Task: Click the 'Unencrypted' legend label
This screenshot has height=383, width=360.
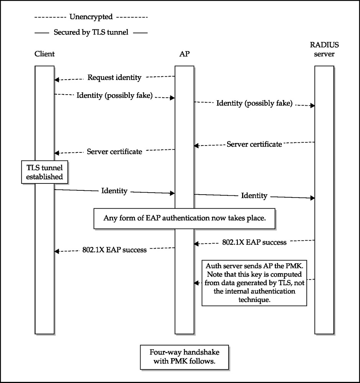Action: point(91,16)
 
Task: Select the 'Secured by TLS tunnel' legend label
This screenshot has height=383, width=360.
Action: point(91,32)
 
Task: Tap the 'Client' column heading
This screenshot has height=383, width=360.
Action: point(44,54)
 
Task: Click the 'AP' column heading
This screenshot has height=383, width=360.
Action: point(184,54)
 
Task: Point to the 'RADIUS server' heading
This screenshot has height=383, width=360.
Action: point(324,49)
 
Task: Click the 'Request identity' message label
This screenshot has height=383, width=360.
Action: point(114,77)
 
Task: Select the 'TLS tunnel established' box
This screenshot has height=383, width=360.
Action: point(44,172)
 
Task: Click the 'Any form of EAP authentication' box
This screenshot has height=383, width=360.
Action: point(184,218)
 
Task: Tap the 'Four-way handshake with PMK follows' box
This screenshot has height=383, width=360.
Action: point(184,357)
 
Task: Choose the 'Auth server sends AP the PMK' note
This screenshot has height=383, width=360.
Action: point(254,283)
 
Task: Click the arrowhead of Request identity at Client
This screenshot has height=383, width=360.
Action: point(56,80)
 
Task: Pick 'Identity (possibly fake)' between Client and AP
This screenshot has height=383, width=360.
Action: point(114,95)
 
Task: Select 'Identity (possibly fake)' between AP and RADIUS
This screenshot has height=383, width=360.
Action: point(254,103)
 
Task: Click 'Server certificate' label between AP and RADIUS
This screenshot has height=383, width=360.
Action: point(254,144)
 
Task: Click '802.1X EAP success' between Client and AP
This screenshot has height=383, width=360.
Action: point(114,250)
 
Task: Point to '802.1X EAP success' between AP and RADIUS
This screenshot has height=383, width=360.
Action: point(254,242)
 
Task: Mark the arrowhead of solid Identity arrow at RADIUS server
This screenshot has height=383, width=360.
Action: point(313,198)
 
